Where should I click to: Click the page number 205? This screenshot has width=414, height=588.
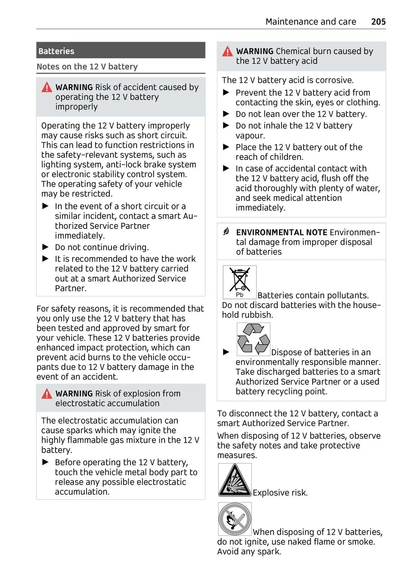coord(378,22)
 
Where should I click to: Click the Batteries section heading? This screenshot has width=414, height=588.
coord(56,51)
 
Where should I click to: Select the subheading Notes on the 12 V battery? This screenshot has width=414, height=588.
coord(87,67)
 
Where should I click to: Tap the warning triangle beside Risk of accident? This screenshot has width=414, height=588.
coord(47,88)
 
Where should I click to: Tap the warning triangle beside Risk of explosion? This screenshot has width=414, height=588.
coord(47,394)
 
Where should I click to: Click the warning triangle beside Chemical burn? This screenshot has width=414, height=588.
coord(227,52)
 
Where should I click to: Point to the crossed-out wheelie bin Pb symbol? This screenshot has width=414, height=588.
coord(239,282)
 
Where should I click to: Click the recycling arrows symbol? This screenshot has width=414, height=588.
coord(253,339)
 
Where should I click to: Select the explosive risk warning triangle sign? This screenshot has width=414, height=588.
coord(235,480)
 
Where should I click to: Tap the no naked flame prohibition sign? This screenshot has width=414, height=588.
coord(235,519)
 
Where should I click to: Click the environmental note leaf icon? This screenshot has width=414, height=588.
coord(226,231)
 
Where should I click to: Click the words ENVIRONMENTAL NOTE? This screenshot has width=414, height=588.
coord(282,232)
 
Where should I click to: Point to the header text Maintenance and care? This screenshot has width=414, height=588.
coord(310,22)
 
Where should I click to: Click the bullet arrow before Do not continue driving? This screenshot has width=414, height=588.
coord(46,247)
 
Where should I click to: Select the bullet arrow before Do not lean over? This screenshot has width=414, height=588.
coord(226,114)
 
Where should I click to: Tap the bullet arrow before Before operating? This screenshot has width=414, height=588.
coord(46,462)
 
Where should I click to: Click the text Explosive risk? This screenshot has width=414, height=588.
coord(280,493)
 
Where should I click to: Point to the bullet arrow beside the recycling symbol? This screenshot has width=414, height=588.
coord(226,352)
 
